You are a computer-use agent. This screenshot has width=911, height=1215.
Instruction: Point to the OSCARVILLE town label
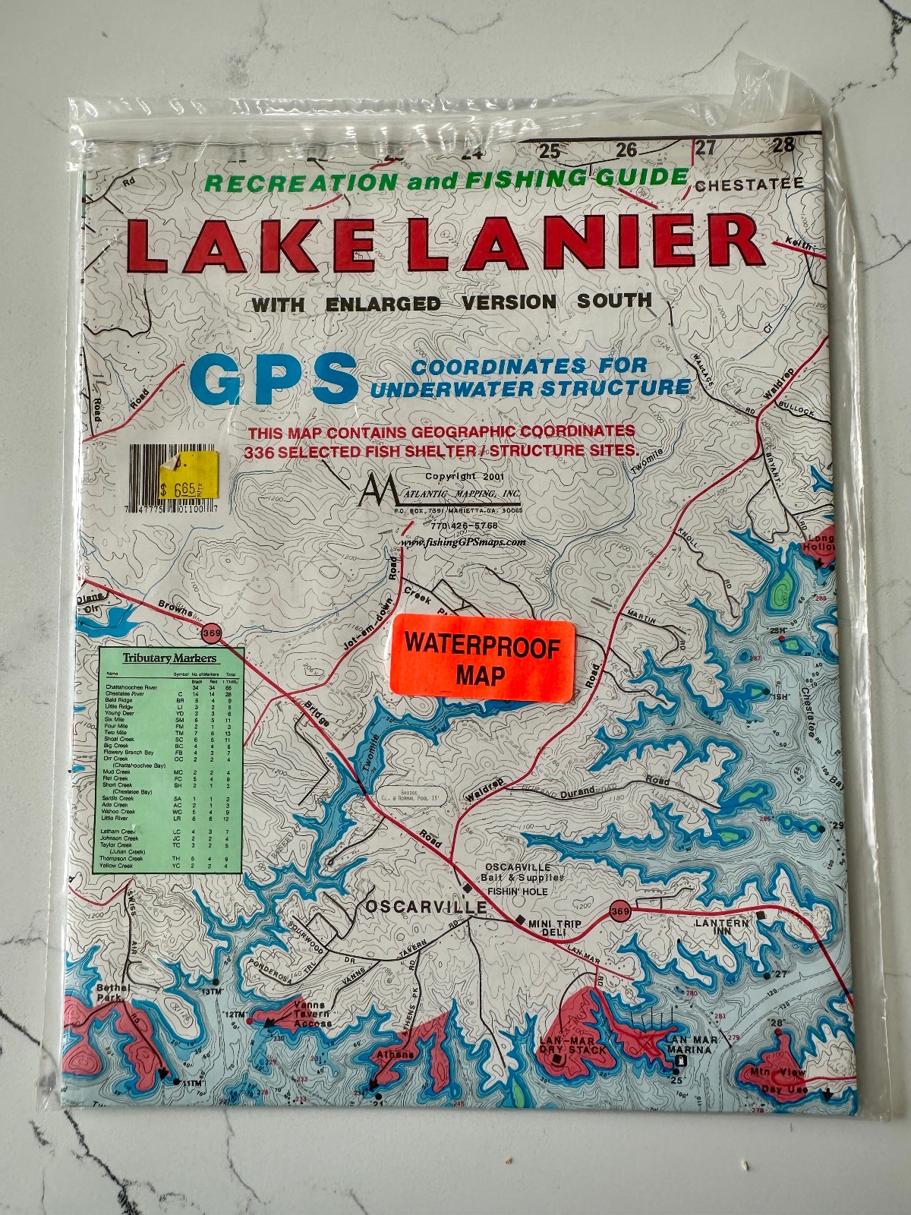point(426,907)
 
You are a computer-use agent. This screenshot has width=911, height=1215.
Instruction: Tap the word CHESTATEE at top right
point(748,185)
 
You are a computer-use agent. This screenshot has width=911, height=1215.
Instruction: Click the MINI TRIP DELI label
point(555,927)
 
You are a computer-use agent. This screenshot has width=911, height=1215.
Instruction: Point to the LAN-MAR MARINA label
point(689,1045)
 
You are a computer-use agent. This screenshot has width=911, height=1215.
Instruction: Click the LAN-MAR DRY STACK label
point(573,1045)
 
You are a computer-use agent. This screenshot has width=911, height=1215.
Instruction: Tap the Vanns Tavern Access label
point(312,1014)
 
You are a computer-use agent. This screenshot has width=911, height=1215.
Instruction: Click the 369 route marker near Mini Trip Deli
point(620,911)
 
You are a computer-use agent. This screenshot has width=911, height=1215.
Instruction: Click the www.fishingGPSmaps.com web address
point(462,542)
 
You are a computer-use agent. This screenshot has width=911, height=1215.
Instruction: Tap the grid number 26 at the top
point(626,150)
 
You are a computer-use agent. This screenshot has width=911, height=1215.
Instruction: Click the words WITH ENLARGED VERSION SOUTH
point(452,302)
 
